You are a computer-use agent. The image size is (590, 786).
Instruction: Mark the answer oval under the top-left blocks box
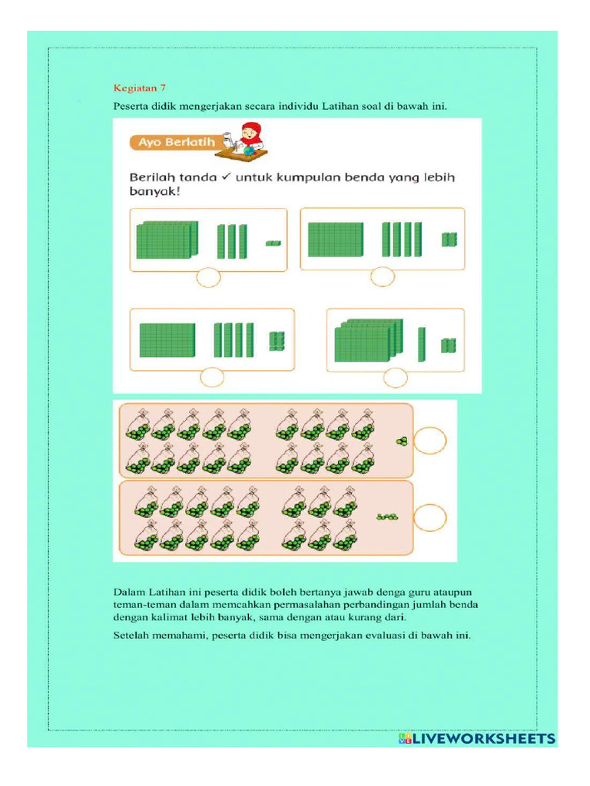pyautogui.click(x=208, y=278)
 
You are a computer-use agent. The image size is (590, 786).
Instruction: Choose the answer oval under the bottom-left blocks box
pyautogui.click(x=211, y=377)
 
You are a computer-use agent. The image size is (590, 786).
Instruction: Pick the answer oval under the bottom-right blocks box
pyautogui.click(x=396, y=377)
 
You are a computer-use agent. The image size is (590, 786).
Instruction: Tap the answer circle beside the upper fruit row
pyautogui.click(x=430, y=441)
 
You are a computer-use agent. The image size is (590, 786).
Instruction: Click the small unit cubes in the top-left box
pyautogui.click(x=273, y=243)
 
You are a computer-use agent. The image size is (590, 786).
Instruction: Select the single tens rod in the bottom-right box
pyautogui.click(x=421, y=344)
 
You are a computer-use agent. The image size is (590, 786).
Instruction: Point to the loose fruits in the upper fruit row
pyautogui.click(x=401, y=441)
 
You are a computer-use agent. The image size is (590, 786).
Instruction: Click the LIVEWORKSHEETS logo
pyautogui.click(x=476, y=738)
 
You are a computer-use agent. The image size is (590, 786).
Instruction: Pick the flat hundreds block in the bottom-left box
pyautogui.click(x=167, y=340)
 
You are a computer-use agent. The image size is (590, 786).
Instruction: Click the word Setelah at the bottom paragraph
pyautogui.click(x=132, y=636)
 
